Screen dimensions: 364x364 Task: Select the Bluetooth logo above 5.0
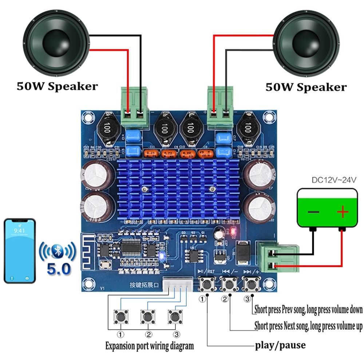click(x=57, y=250)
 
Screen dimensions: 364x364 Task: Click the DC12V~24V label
click(x=333, y=180)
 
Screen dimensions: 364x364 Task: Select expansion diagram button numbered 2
click(x=147, y=316)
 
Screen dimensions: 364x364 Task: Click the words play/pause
click(x=280, y=344)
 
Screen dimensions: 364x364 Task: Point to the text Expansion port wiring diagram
click(x=149, y=345)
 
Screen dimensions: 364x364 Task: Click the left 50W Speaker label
click(x=57, y=87)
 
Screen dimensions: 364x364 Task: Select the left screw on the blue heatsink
click(x=145, y=189)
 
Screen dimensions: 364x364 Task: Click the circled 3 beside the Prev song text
click(x=248, y=299)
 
